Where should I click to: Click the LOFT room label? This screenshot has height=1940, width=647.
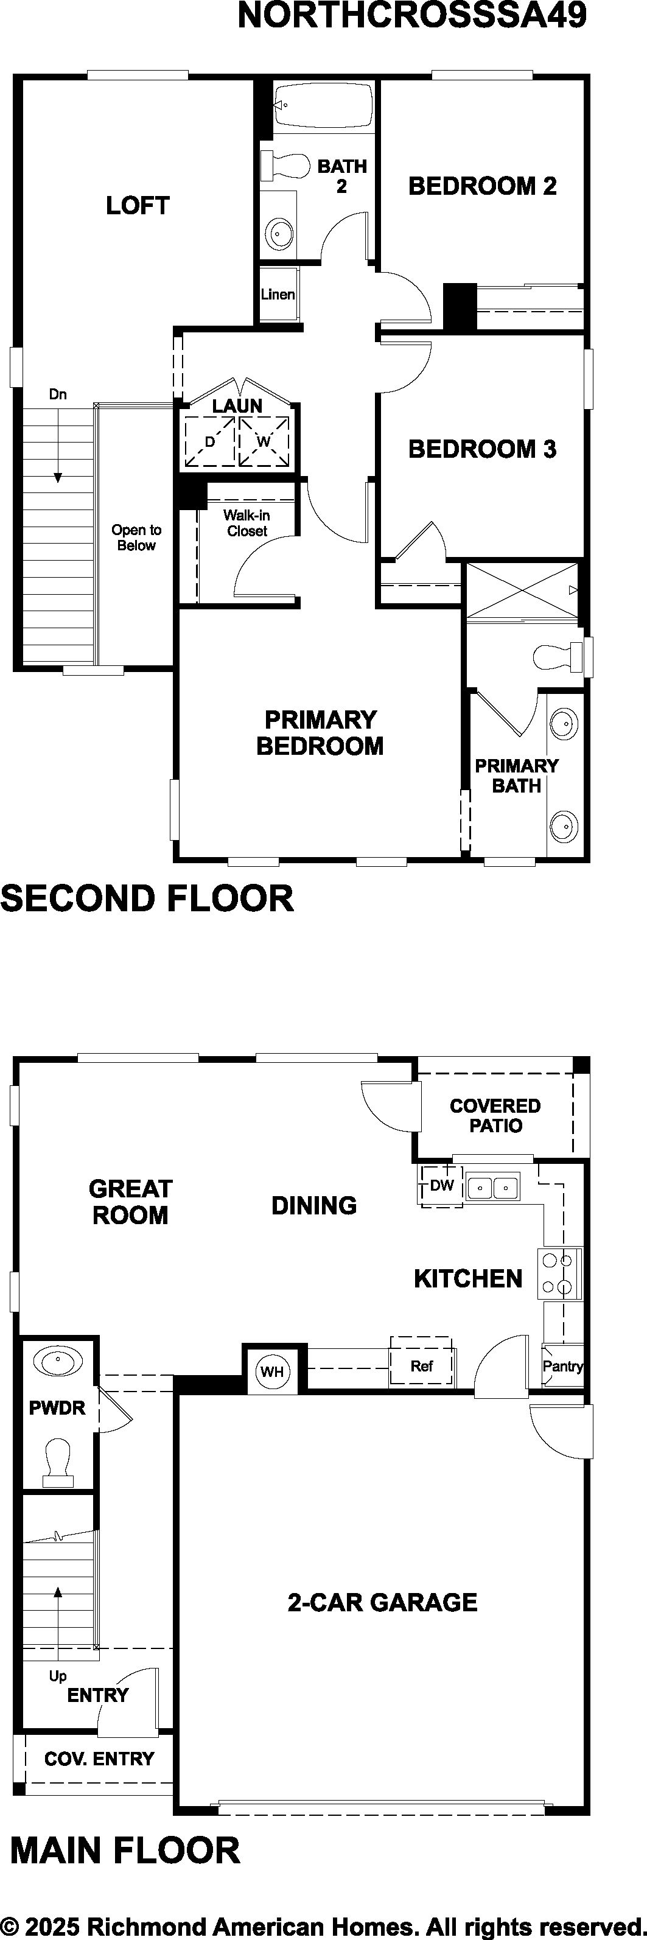(137, 205)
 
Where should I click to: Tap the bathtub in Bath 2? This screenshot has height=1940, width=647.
(324, 106)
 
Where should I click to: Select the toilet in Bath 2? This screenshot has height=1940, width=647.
(285, 165)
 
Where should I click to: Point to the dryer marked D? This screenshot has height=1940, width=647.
(209, 441)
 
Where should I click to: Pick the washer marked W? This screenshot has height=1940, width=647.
(264, 441)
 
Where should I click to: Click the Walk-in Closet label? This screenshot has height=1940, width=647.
(247, 523)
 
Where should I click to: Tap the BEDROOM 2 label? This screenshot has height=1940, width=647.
(482, 186)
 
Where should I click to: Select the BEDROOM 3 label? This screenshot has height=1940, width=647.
(482, 449)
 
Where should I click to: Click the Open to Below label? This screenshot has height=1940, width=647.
(136, 538)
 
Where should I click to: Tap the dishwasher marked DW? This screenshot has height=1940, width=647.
(441, 1186)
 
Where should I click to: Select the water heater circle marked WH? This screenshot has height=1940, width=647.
(272, 1371)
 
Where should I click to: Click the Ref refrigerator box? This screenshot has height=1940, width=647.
(422, 1365)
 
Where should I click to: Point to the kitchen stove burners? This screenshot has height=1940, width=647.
(559, 1273)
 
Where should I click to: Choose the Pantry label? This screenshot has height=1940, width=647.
(562, 1366)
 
